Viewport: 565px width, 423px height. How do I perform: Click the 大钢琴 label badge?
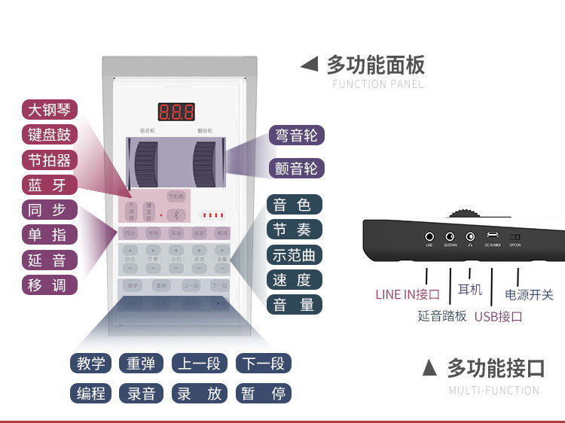(x=49, y=110)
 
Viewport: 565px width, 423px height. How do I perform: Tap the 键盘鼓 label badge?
(x=49, y=135)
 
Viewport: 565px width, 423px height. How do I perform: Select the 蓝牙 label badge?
(x=49, y=185)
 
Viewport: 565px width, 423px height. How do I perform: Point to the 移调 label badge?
(x=49, y=285)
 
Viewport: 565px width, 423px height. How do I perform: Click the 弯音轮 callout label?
(x=296, y=135)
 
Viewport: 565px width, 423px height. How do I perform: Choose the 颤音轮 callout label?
(x=296, y=168)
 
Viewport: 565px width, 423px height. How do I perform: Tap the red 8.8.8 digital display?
(x=176, y=113)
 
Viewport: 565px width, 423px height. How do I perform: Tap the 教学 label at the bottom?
(x=91, y=364)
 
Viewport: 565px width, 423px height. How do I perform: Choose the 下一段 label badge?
(x=263, y=364)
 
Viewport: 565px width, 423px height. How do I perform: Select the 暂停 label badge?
(x=263, y=393)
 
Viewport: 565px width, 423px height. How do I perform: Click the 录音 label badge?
(x=141, y=393)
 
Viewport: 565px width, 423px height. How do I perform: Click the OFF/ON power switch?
(x=515, y=236)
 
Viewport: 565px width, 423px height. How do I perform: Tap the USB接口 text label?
(x=498, y=316)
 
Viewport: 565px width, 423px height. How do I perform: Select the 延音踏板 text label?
(x=442, y=316)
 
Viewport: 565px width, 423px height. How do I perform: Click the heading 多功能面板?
(x=375, y=64)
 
